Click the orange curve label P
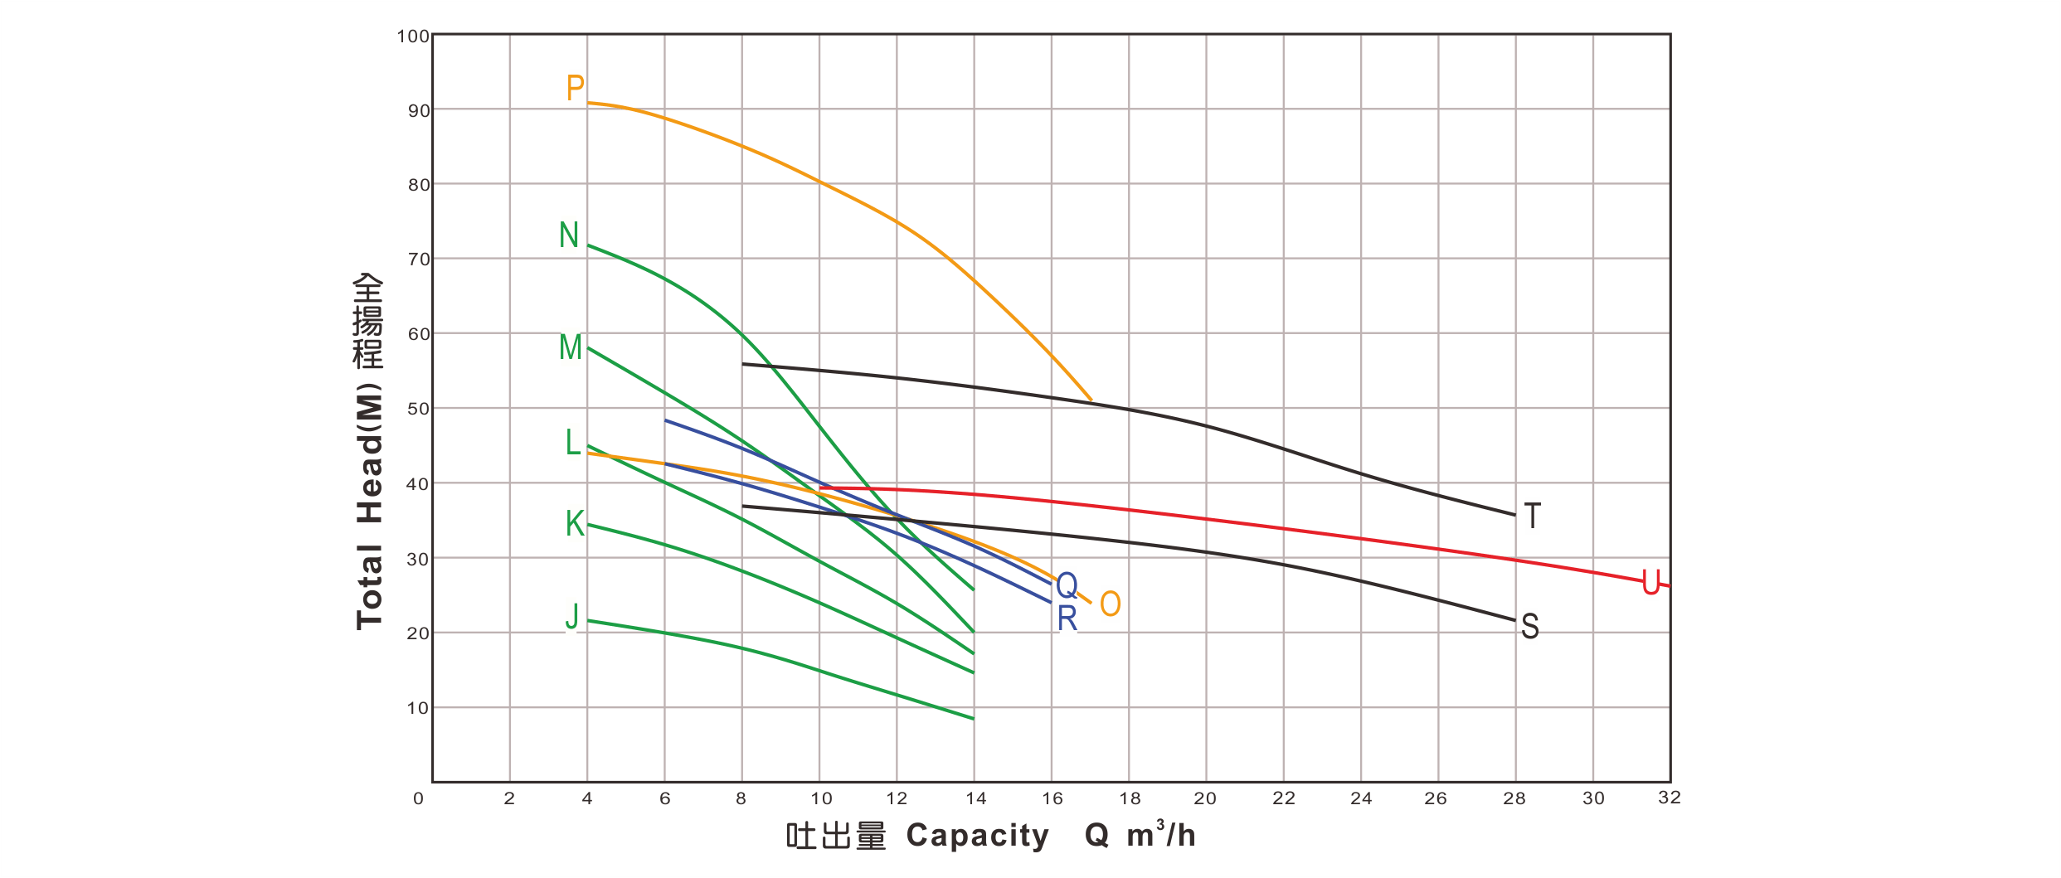pos(576,89)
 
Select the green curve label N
pos(569,235)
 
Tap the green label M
pos(571,347)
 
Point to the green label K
pos(576,523)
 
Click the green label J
pos(571,617)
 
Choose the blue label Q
pos(1067,585)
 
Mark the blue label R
pos(1067,619)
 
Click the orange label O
pos(1111,604)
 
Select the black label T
pos(1533,517)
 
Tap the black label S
pos(1530,626)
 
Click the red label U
pos(1651,583)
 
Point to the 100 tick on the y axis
pos(413,36)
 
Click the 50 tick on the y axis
pos(418,410)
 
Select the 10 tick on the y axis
pos(418,709)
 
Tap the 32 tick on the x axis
pos(1669,798)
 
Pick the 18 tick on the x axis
pos(1130,798)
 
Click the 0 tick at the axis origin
pos(419,798)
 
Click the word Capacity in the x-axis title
pos(978,836)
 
